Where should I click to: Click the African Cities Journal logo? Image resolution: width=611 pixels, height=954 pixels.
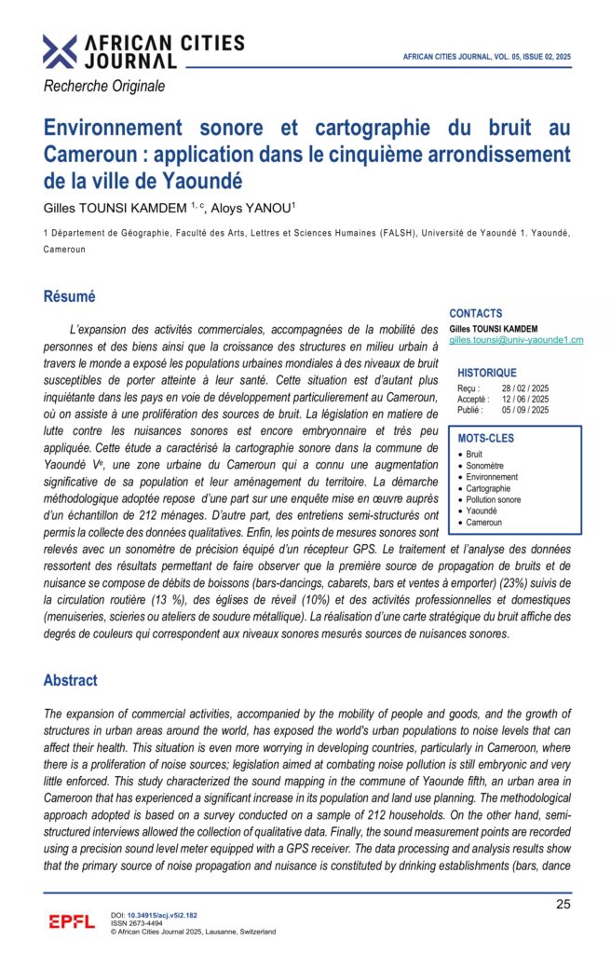(x=143, y=51)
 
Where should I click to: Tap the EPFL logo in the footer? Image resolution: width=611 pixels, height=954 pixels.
(x=72, y=922)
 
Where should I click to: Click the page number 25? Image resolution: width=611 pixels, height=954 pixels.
(x=563, y=904)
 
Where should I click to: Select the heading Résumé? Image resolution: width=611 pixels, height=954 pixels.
(x=70, y=297)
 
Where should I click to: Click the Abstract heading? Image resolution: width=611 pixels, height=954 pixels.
(x=71, y=680)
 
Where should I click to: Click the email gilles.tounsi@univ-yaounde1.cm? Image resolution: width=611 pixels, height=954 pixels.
(x=515, y=340)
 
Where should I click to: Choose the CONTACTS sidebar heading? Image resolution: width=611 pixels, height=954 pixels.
(x=475, y=314)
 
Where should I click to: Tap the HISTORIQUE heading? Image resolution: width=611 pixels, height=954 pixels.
(x=486, y=373)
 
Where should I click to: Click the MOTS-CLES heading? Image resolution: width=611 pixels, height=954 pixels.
(x=485, y=438)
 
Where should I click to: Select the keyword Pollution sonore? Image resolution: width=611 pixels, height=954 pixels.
(x=494, y=500)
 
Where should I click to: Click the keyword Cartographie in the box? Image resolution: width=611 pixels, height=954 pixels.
(x=488, y=488)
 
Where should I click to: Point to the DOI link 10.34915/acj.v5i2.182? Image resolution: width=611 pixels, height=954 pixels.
(x=162, y=916)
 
